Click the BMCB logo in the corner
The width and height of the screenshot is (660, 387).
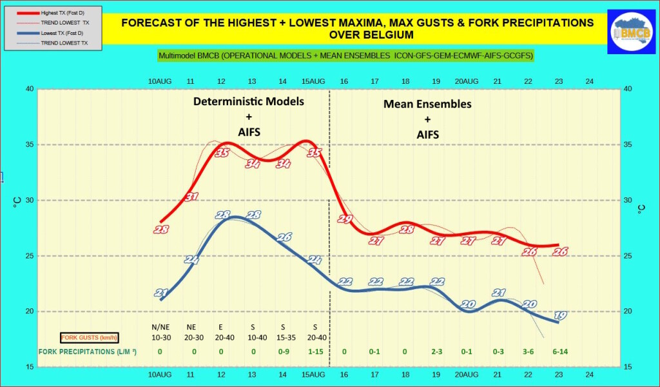(x=632, y=30)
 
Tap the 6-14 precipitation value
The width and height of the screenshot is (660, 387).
(x=559, y=352)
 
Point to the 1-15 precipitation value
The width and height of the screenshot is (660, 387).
(x=315, y=352)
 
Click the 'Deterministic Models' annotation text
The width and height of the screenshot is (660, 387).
(x=249, y=102)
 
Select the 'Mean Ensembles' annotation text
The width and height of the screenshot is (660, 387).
(x=427, y=104)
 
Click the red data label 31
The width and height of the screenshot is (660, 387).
(x=191, y=196)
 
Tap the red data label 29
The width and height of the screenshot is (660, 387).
(x=345, y=219)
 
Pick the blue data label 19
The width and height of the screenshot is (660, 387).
(x=560, y=315)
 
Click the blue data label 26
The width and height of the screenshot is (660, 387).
(x=284, y=237)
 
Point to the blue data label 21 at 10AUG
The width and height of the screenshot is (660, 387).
(x=161, y=293)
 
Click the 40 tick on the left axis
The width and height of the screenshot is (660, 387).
(x=29, y=89)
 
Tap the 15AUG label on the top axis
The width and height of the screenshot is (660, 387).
(x=313, y=81)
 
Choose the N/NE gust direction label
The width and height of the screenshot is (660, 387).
(x=160, y=326)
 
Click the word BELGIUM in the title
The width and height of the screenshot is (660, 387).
(x=357, y=34)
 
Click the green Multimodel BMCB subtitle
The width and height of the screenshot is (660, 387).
(x=346, y=56)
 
